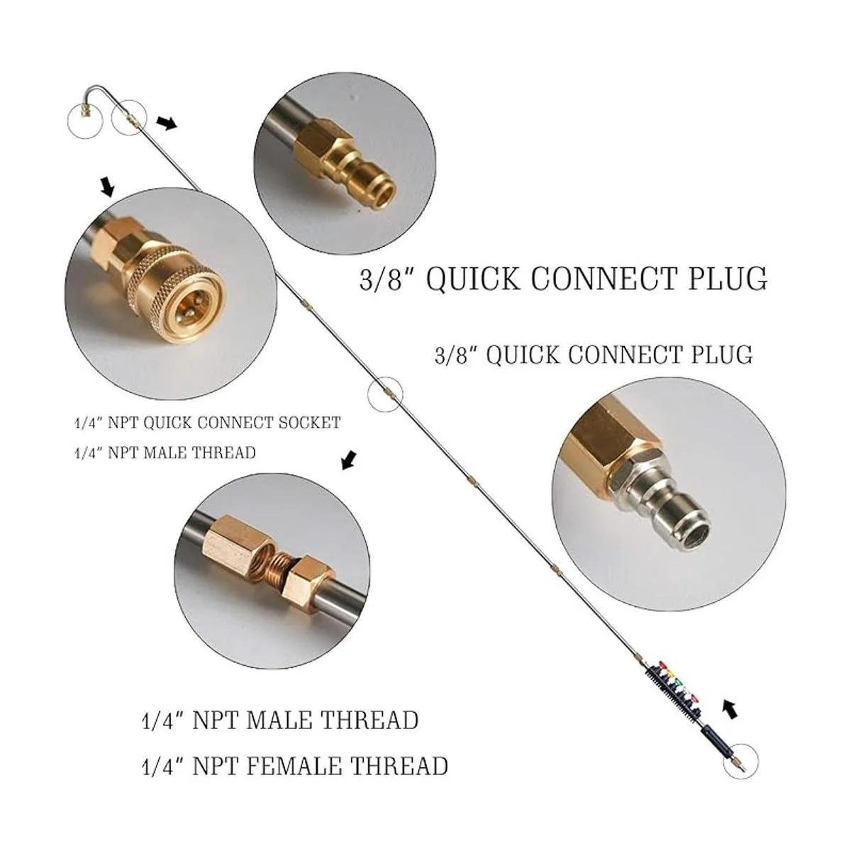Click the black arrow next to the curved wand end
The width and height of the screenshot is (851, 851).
point(167,124)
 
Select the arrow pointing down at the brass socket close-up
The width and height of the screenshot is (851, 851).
point(107,187)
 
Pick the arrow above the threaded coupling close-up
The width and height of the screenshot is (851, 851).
point(348,462)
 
